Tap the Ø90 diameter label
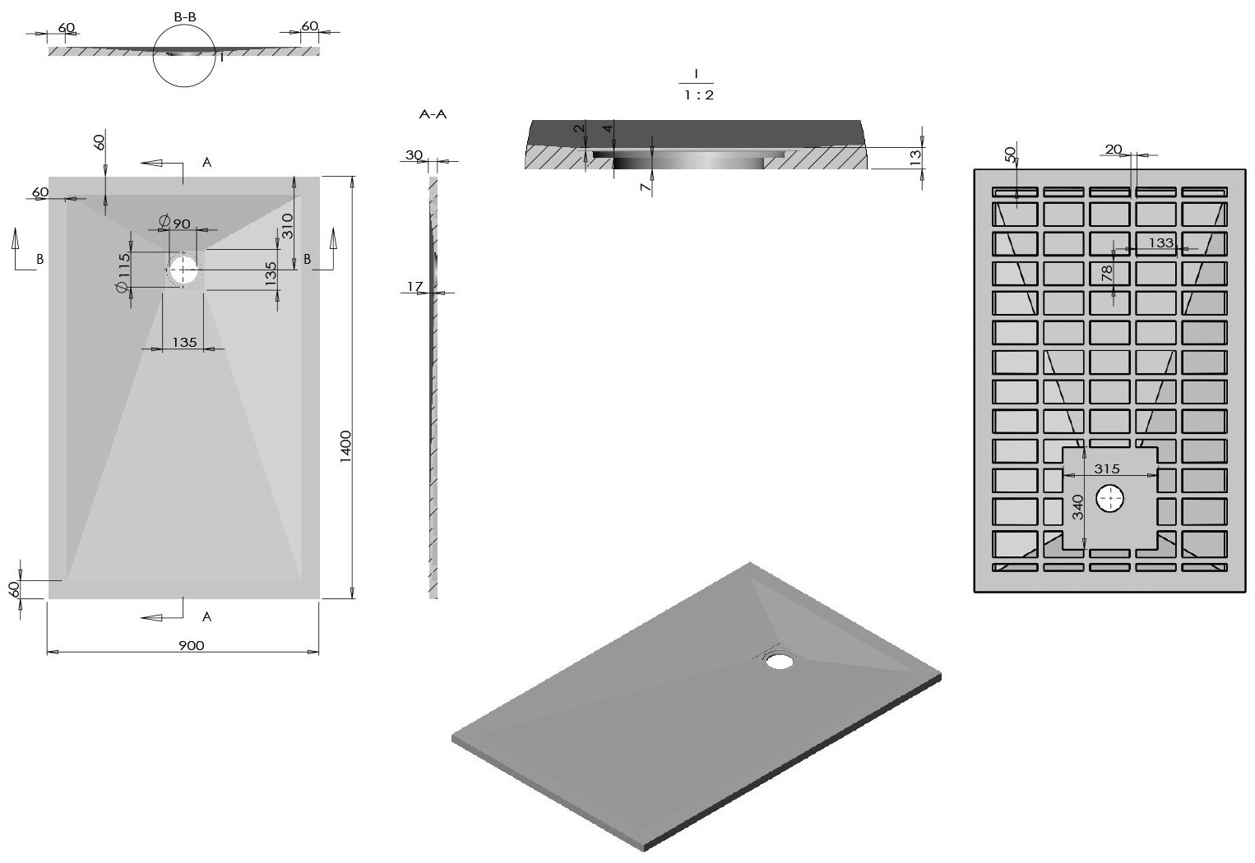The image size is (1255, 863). tap(177, 223)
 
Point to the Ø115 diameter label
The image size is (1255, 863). tap(123, 270)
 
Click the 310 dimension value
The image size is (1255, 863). tap(288, 226)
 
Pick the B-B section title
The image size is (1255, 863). tap(185, 16)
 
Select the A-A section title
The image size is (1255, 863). tap(433, 114)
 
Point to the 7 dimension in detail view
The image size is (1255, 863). tap(646, 187)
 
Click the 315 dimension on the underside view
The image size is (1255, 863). tap(1108, 468)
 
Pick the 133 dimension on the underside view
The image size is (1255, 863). tap(1161, 242)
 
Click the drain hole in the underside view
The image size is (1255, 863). tap(1111, 499)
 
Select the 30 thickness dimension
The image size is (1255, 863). tap(414, 155)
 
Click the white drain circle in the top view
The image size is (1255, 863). tap(184, 268)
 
